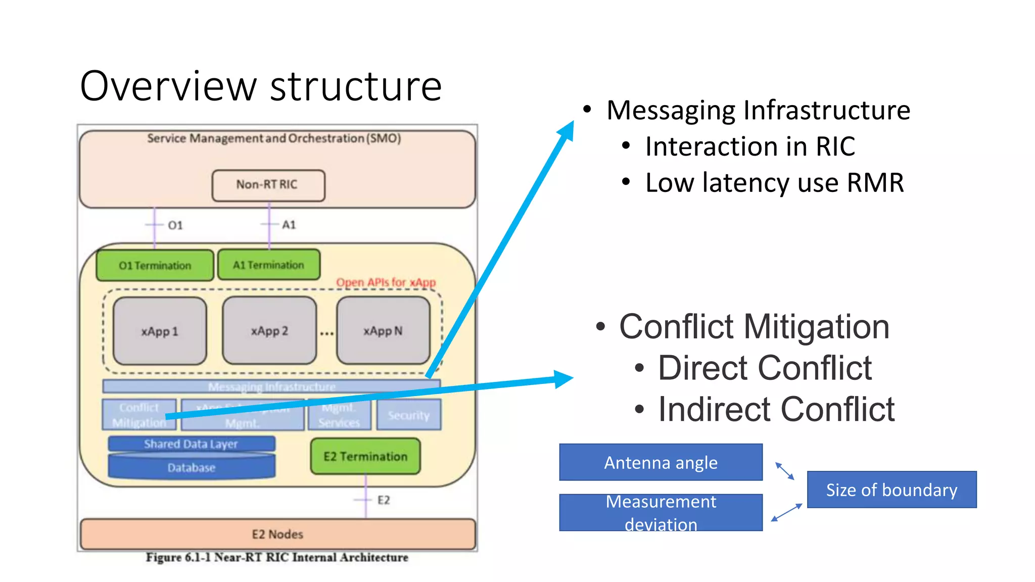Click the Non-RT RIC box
coord(268,185)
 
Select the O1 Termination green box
coord(155,265)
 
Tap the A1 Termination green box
coord(268,265)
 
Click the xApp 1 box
coord(160,331)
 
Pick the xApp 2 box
coord(269,331)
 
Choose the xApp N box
coord(383,331)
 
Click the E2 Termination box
coord(365,456)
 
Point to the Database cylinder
coord(192,468)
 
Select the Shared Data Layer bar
coord(191,444)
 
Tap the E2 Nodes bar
coord(277,534)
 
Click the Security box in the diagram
coord(409,415)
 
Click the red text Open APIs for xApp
coord(386,282)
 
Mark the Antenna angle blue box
coord(661,462)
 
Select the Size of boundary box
coord(891,490)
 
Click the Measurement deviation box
coord(661,512)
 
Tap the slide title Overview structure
coord(261,86)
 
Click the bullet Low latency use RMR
coord(774,183)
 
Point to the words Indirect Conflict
coord(776,409)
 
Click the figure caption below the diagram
coord(277,557)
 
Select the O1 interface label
coord(175,225)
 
